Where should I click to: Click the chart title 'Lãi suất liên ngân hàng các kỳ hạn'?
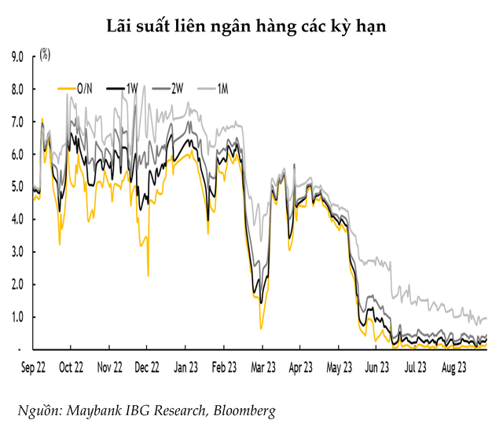coord(251,26)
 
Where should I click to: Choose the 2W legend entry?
coord(172,89)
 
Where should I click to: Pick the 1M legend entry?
coord(219,89)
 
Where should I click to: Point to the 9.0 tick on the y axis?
coord(17,57)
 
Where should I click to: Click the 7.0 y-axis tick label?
coord(17,122)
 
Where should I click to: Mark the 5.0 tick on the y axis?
coord(17,187)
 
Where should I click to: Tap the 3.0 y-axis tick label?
coord(17,252)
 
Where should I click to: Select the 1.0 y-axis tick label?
coord(17,317)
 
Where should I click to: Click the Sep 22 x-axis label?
coord(33,366)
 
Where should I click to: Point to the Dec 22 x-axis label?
coord(148,366)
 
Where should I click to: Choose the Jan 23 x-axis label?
coord(185,366)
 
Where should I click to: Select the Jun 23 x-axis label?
coord(376,366)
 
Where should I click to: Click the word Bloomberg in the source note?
coord(243,411)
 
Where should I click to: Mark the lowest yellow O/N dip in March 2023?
coord(261,328)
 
